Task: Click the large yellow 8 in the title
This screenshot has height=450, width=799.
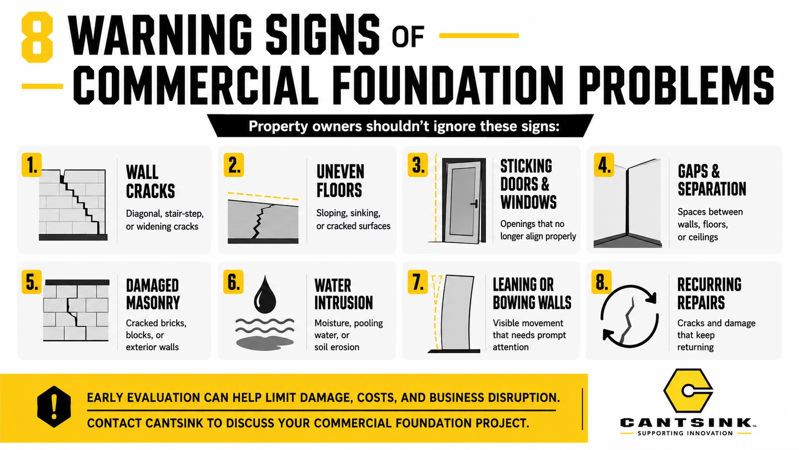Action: click(37, 37)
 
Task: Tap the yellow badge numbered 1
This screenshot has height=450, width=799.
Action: click(32, 165)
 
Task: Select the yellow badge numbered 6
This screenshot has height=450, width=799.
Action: click(234, 282)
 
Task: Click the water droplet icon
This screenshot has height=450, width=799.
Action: click(265, 294)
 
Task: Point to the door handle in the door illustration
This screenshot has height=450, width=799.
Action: click(475, 204)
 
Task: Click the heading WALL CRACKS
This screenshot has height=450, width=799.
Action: click(150, 181)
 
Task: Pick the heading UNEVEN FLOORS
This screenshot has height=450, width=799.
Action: click(340, 180)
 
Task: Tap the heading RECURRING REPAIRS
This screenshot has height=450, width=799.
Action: click(709, 293)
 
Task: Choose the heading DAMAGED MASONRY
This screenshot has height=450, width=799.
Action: click(153, 294)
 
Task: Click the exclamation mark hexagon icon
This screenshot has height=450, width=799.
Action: click(54, 406)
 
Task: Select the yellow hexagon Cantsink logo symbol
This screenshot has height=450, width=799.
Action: click(688, 390)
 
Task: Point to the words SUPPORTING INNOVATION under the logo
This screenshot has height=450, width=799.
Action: click(685, 433)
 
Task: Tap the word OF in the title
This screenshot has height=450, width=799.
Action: click(408, 37)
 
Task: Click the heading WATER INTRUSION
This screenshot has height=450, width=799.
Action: click(344, 294)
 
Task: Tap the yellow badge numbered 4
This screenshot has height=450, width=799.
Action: click(604, 165)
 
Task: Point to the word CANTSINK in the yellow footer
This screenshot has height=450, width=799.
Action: click(174, 423)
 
